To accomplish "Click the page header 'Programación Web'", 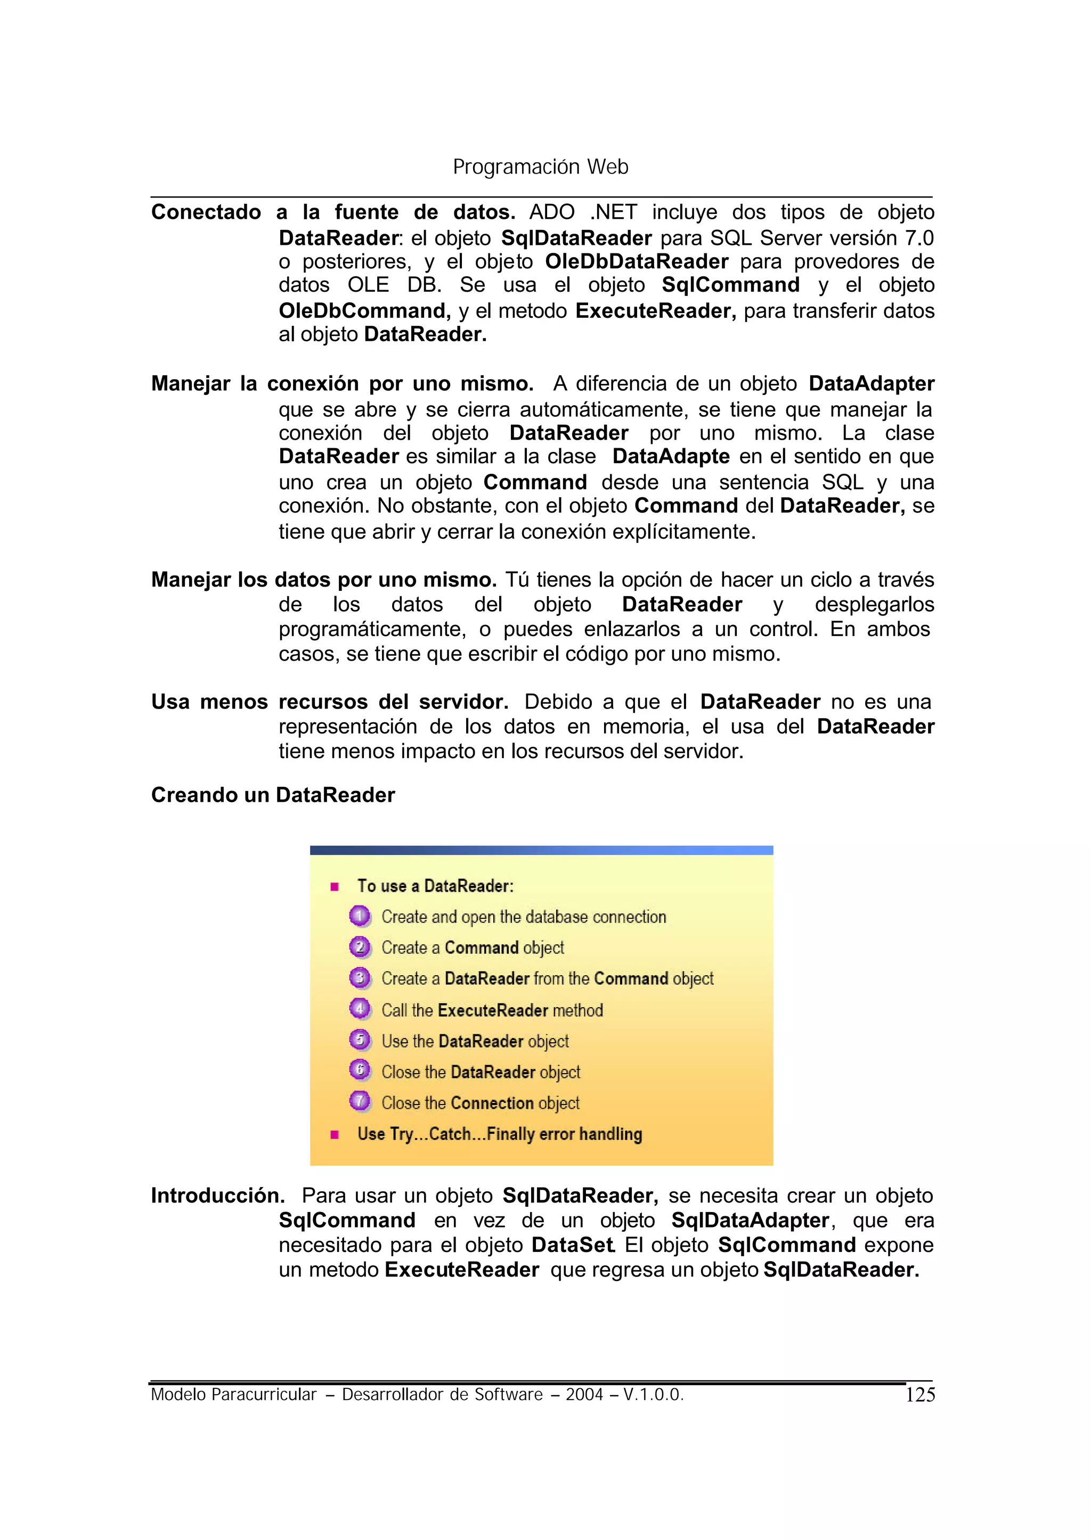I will tap(540, 167).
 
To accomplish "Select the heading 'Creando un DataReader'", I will tap(273, 795).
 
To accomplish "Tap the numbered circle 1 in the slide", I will tap(360, 916).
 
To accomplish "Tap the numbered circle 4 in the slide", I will tap(360, 1009).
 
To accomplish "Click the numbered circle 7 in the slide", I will tap(360, 1101).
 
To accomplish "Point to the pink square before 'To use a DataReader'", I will tap(335, 887).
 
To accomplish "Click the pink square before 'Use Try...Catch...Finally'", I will tap(335, 1134).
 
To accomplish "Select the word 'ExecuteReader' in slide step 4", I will tap(492, 1010).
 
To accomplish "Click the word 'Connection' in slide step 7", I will tap(492, 1103).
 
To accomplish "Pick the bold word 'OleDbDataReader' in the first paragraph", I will tap(636, 261).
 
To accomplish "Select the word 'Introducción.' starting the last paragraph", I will tap(218, 1196).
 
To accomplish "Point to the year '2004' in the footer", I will tap(584, 1394).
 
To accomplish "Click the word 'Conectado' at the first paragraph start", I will tap(206, 212).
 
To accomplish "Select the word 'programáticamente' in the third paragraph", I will tap(371, 629).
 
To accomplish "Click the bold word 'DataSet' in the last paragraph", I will tap(572, 1245).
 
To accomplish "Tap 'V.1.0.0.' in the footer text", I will tap(653, 1394).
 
